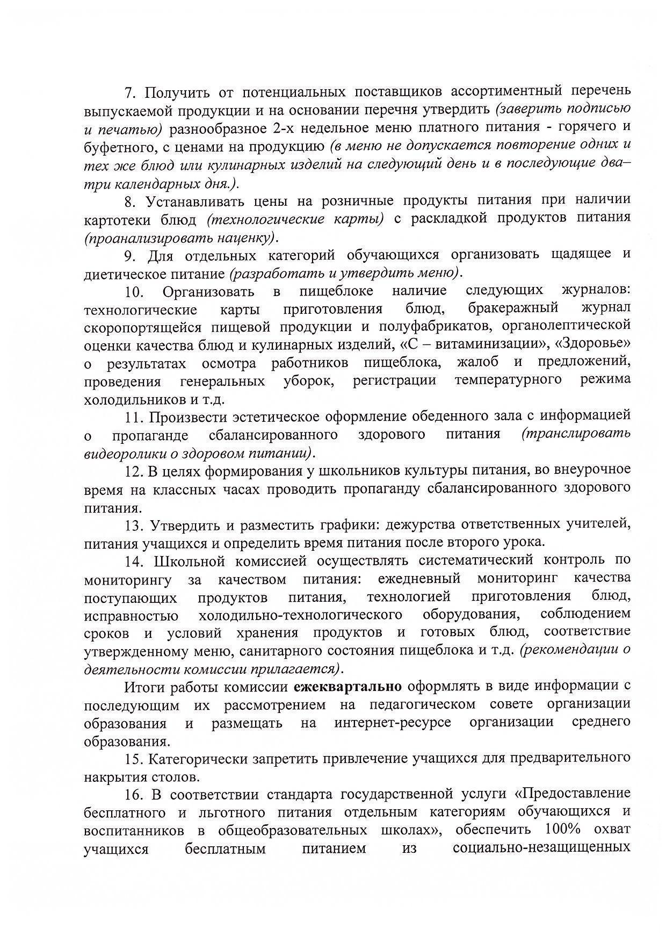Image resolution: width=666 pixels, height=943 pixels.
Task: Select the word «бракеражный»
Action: (513, 308)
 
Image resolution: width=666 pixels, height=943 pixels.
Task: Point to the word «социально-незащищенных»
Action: (541, 848)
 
